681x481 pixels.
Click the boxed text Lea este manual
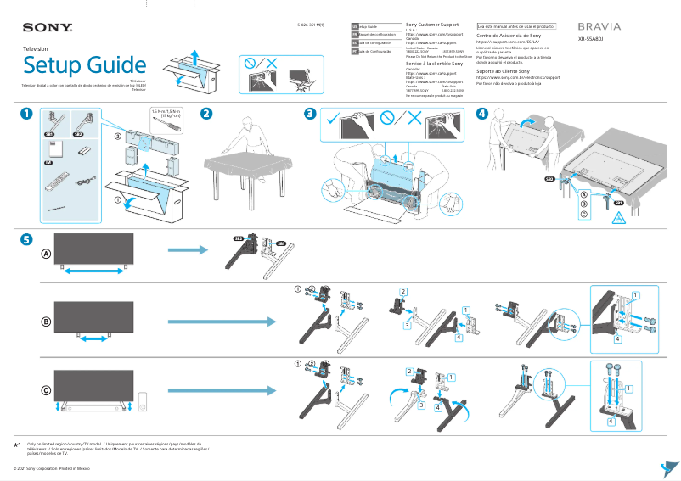516,27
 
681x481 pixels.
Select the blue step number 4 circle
482,114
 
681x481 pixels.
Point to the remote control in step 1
59,180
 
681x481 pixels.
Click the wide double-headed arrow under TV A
94,271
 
